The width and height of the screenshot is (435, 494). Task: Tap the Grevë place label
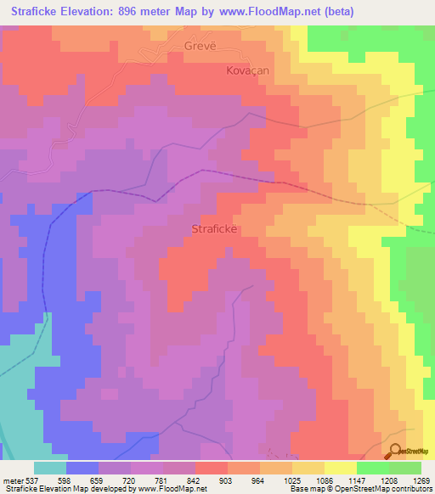[x=201, y=47]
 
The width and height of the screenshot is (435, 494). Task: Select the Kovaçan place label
[x=247, y=71]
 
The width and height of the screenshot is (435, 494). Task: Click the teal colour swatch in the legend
[x=49, y=468]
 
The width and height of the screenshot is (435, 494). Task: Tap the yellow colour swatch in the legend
[x=340, y=468]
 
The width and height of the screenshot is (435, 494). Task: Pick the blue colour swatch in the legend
[x=82, y=468]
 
